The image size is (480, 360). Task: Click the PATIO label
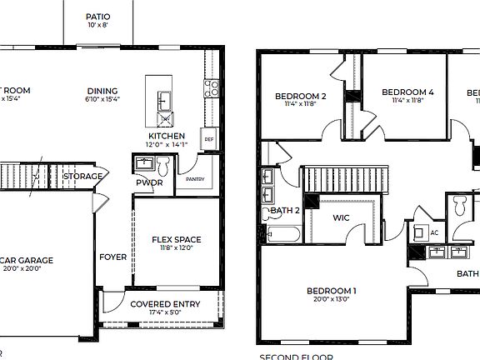click(97, 17)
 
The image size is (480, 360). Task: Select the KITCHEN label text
click(167, 135)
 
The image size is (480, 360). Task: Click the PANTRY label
click(195, 178)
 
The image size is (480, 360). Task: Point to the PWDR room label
click(149, 182)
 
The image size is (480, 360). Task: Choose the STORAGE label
click(83, 176)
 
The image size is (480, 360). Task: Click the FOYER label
click(113, 257)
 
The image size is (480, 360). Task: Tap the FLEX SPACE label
click(176, 240)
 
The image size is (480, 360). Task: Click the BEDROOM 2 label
click(300, 96)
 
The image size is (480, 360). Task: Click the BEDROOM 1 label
click(331, 290)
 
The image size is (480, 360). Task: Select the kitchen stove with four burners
click(212, 88)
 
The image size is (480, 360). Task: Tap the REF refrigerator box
click(209, 139)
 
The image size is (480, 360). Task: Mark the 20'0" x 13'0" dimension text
click(331, 299)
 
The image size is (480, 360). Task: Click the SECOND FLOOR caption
click(297, 356)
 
